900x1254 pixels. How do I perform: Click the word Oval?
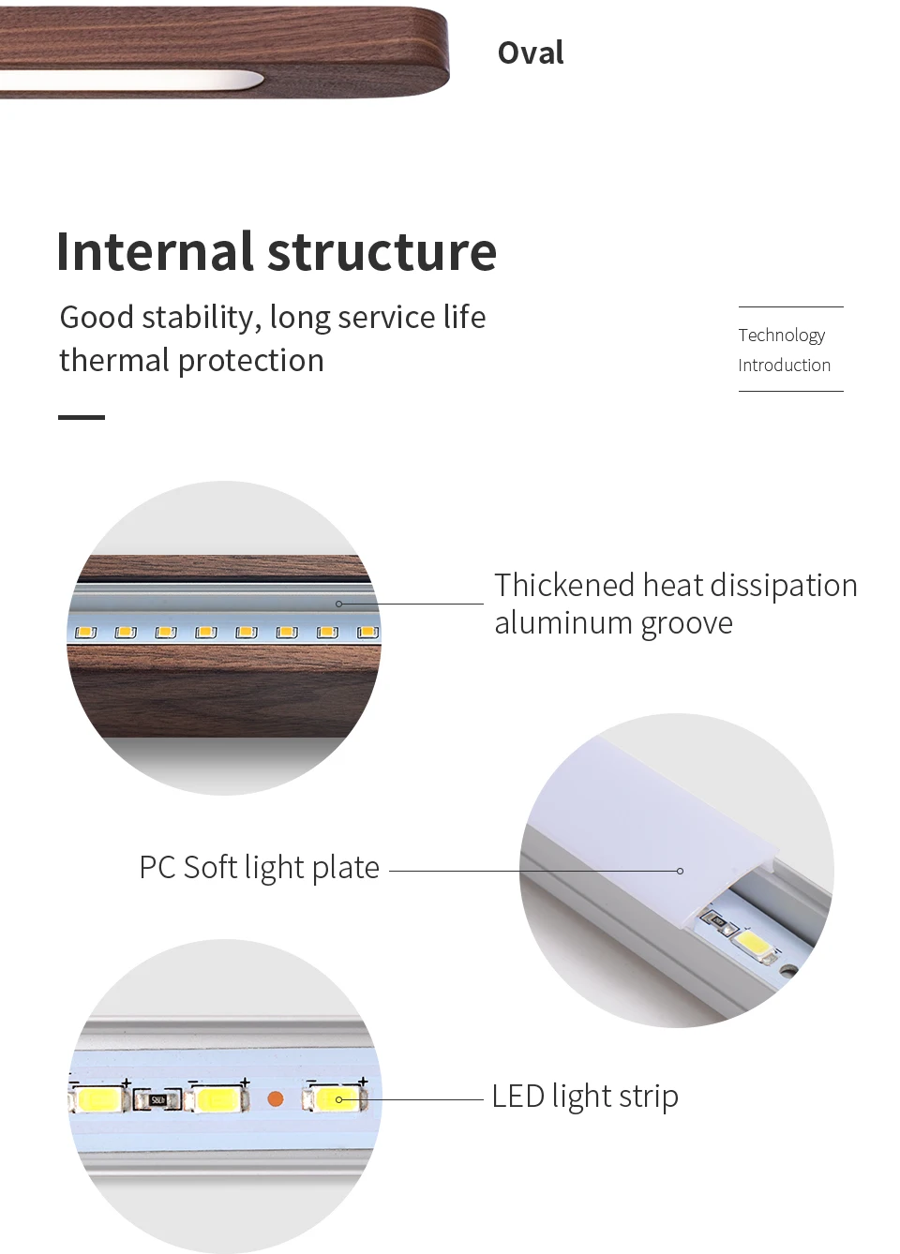click(x=531, y=53)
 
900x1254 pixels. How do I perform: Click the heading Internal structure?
click(x=277, y=252)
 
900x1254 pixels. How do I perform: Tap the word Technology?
click(x=781, y=336)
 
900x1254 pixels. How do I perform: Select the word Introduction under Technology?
click(x=784, y=366)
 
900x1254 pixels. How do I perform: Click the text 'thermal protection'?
click(x=191, y=361)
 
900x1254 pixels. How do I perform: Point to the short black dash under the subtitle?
click(x=82, y=417)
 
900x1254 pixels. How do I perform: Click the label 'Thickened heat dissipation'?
click(x=675, y=586)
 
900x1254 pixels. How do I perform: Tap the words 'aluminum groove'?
click(x=613, y=623)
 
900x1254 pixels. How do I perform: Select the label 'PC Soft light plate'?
click(x=259, y=868)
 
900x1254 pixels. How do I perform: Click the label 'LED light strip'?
click(x=584, y=1097)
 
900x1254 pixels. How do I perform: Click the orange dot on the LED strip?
click(x=276, y=1098)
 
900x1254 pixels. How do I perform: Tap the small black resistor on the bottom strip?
click(x=157, y=1100)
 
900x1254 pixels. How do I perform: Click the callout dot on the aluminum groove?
click(x=339, y=604)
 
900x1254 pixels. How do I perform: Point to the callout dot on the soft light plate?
click(x=680, y=871)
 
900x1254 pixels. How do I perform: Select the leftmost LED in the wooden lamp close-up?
click(x=86, y=633)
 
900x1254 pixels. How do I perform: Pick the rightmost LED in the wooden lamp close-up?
click(x=367, y=633)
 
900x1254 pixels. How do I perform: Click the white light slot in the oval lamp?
click(x=131, y=81)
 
